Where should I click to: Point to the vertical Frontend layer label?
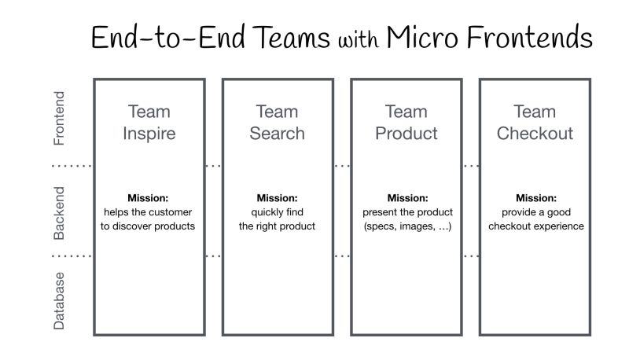coord(59,119)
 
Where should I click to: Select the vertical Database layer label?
coord(59,300)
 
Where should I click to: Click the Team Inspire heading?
coord(149,123)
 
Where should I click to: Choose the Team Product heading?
coord(406,123)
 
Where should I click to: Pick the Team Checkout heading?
coord(535,123)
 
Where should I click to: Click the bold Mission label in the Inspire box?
coord(148,198)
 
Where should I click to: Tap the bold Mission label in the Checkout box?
coord(535,198)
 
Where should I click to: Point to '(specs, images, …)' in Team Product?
coord(406,226)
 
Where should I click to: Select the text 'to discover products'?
coord(148,226)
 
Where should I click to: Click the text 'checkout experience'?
coord(535,226)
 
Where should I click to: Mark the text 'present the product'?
coord(406,212)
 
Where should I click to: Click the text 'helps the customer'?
coord(148,212)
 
